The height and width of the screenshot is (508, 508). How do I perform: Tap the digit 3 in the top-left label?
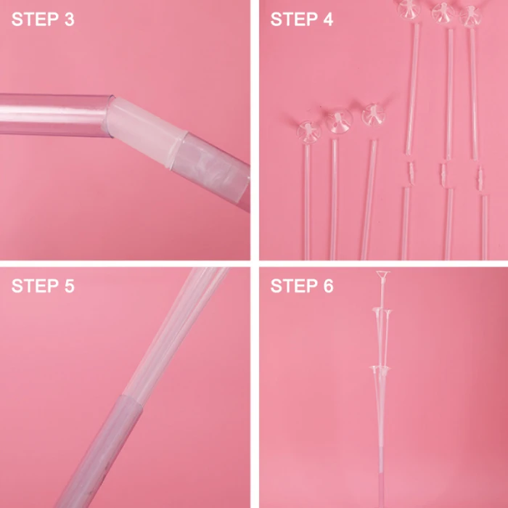coord(70,19)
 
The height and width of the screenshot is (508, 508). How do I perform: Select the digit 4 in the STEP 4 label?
coord(328,19)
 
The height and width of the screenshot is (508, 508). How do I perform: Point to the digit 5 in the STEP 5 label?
coord(70,286)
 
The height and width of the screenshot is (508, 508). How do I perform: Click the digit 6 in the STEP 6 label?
coord(328,286)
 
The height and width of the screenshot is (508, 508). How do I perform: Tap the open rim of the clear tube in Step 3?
coord(109,115)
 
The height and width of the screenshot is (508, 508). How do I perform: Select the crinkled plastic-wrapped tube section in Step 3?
coord(210,170)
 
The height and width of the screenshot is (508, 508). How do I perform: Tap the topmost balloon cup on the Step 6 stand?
coord(383,275)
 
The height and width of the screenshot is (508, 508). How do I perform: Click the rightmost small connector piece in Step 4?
coord(480,179)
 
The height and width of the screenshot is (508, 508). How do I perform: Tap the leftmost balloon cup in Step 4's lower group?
coord(308,131)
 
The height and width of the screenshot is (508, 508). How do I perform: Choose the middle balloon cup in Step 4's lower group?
coord(339,120)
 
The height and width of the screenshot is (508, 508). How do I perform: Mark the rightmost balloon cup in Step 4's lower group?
coord(373,115)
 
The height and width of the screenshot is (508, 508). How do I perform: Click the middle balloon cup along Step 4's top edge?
coord(443,12)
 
